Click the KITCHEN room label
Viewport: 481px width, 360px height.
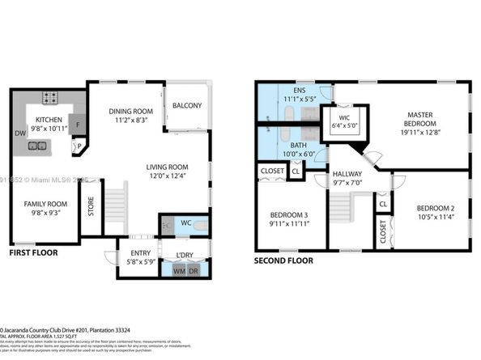50,119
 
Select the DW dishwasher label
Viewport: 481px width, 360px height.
19,134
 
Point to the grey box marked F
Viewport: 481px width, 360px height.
77,125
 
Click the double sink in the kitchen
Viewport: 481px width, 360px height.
37,146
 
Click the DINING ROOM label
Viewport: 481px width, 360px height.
131,111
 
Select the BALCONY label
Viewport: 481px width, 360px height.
187,106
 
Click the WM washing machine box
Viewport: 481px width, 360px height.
179,271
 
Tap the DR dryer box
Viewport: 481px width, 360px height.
194,271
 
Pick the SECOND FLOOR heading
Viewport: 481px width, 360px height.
284,262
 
